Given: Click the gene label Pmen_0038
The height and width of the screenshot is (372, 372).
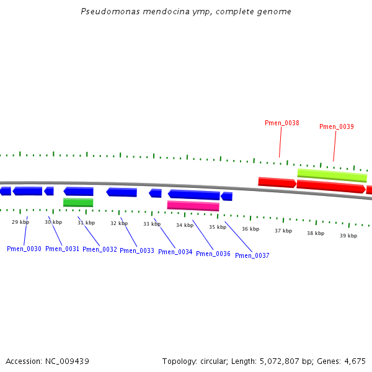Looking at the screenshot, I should (282, 123).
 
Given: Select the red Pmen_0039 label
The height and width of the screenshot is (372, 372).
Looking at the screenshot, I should (337, 126).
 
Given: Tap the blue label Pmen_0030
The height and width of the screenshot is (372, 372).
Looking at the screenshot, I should (24, 249).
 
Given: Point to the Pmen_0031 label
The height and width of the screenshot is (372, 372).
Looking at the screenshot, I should (63, 249).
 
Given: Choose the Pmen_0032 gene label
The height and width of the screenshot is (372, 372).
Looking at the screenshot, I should (100, 249).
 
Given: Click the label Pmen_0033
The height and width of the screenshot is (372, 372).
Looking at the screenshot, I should (137, 250).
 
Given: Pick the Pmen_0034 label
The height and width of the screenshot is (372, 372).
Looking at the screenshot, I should (175, 252).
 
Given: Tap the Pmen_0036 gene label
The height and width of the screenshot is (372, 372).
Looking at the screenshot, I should (213, 254).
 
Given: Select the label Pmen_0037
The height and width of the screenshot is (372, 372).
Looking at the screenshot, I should (252, 255).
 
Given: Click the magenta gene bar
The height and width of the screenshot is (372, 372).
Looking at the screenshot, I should (193, 205).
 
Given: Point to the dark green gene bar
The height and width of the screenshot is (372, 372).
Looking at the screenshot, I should (78, 202).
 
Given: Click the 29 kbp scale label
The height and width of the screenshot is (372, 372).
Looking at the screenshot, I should (20, 221).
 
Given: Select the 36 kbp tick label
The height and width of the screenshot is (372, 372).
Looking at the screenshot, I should (250, 229).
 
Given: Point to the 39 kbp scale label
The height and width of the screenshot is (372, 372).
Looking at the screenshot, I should (348, 236).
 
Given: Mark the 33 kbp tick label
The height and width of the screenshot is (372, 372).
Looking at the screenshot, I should (152, 224).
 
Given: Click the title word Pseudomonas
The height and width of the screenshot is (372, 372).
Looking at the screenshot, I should (107, 12).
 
